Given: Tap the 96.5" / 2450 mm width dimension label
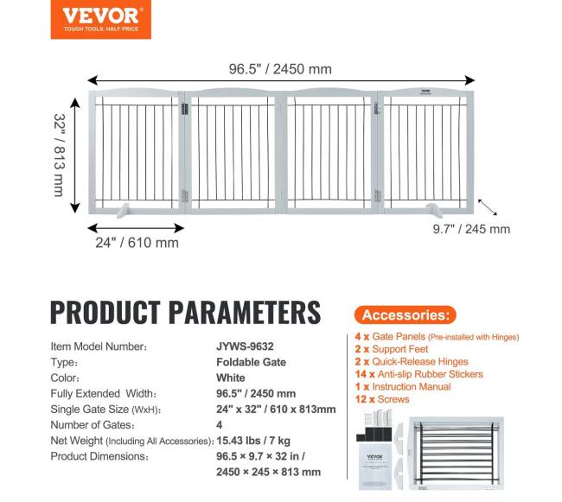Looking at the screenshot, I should [x=280, y=69].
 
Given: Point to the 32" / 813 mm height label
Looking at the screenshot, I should [x=59, y=155].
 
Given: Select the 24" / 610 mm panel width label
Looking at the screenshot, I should [x=137, y=243].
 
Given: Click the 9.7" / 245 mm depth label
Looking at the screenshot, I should [x=471, y=229].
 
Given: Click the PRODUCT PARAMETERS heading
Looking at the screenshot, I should [x=185, y=312].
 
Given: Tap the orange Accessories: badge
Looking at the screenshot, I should [x=405, y=315].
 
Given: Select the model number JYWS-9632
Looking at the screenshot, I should [x=246, y=346].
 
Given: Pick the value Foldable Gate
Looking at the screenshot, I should [x=251, y=362].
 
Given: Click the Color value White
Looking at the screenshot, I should [x=231, y=378].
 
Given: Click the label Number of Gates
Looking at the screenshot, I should [x=98, y=425].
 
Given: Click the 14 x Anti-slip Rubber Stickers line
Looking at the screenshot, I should [x=418, y=374].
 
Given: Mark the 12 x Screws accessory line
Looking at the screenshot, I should [x=381, y=399].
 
